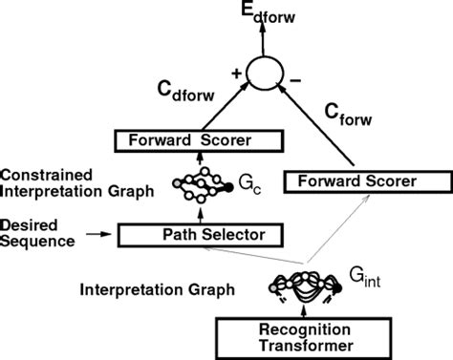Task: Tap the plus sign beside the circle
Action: pyautogui.click(x=234, y=70)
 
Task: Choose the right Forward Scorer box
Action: pyautogui.click(x=354, y=180)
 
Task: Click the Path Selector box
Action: pyautogui.click(x=201, y=232)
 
